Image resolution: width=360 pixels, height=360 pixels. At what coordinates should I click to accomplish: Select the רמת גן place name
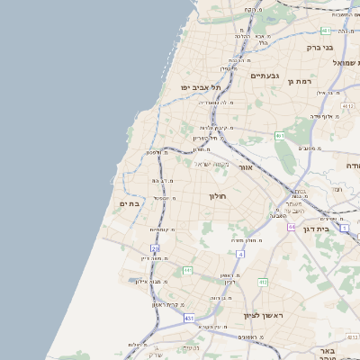[300, 81]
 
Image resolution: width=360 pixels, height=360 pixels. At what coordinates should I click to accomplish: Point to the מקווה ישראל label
[213, 163]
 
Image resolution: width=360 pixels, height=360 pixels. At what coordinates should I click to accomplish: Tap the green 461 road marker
[280, 136]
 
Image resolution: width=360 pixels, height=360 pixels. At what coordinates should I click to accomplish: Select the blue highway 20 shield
[155, 247]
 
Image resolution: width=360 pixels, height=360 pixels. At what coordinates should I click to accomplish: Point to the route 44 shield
[292, 227]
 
